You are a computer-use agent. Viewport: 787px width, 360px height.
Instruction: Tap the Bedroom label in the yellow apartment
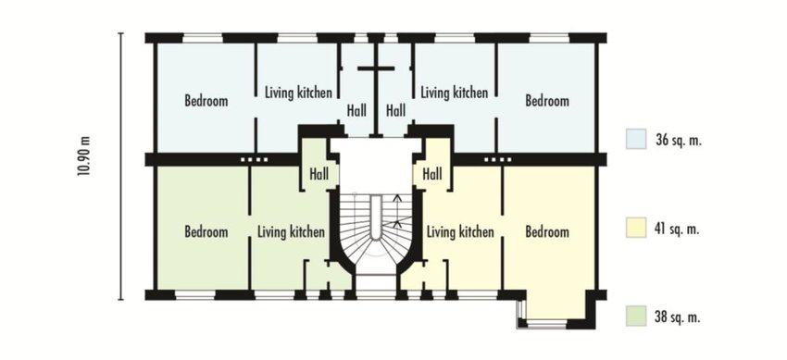547,231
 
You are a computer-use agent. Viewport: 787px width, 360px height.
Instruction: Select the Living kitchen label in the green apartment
291,231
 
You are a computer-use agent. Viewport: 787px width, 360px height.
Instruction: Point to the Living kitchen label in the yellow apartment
459,231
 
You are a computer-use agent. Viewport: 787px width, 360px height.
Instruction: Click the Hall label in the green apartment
319,173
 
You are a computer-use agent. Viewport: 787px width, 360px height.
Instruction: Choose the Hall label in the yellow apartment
431,173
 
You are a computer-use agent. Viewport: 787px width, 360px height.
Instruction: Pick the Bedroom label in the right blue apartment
547,101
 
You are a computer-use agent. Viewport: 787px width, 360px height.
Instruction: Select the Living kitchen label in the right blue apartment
454,93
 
